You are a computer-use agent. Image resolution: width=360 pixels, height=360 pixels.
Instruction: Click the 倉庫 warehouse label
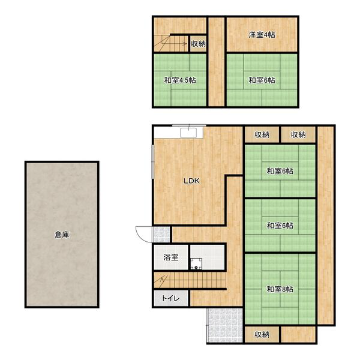[62, 235]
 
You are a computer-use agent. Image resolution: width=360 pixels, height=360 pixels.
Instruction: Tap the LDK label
[192, 181]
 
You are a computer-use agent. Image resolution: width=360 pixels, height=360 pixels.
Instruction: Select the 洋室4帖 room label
[262, 35]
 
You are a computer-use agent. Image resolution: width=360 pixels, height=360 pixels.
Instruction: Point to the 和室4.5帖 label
[180, 80]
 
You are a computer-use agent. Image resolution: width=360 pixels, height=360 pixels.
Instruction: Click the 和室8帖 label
[280, 289]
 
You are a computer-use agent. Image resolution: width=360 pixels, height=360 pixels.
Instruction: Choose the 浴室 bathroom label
[171, 257]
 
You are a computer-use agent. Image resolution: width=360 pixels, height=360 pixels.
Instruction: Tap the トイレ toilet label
[170, 298]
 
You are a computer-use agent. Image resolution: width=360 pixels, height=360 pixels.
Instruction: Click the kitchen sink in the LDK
[188, 133]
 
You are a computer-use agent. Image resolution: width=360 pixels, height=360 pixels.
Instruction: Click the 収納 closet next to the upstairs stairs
[198, 44]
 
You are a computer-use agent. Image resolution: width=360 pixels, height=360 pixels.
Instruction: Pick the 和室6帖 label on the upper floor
[262, 80]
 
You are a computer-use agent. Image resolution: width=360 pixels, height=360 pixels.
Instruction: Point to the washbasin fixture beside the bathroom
[196, 263]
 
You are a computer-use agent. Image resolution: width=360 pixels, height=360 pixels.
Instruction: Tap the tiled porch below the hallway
[225, 325]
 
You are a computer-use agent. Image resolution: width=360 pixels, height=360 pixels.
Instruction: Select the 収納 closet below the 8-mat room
[262, 335]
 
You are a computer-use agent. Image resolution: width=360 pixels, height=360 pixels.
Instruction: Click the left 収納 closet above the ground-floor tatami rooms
[262, 134]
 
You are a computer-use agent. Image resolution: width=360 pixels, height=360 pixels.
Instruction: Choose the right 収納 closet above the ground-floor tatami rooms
[298, 134]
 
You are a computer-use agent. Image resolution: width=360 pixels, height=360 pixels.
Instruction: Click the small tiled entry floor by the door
[161, 235]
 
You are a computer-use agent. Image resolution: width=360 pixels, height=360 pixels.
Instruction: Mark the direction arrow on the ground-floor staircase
[161, 281]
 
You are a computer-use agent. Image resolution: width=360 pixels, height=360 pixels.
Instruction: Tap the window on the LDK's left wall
[152, 161]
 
